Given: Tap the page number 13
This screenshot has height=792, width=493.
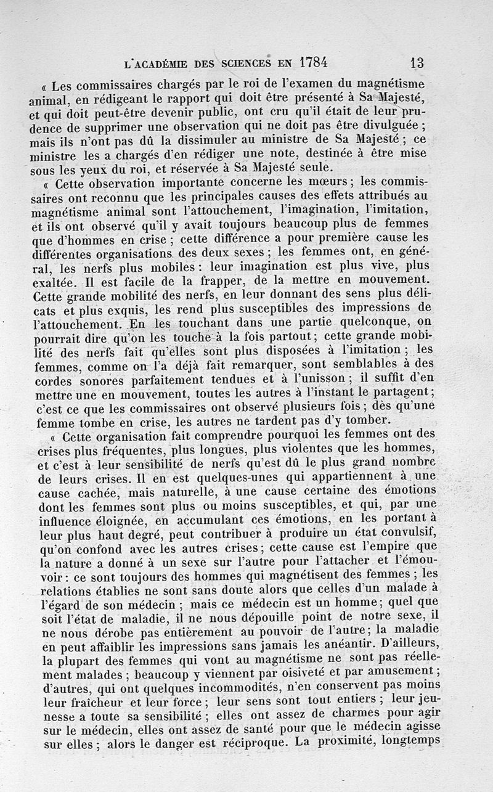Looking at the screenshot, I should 416,63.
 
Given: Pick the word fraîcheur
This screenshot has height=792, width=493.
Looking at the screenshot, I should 87,702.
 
